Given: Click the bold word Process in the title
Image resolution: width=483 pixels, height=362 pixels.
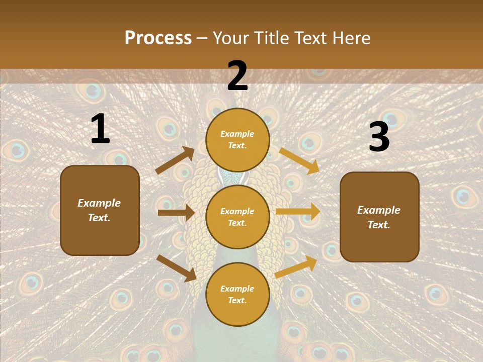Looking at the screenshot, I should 158,38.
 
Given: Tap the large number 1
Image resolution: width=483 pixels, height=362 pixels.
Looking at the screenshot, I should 100,129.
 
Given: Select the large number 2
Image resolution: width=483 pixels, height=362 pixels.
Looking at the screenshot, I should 237,76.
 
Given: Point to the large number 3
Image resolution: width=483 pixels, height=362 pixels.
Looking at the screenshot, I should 379,137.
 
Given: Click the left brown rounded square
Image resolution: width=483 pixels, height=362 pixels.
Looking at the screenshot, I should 100,210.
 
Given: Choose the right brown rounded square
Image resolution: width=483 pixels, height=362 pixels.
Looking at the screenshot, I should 379,217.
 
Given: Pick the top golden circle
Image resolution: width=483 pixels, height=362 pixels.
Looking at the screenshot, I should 237,140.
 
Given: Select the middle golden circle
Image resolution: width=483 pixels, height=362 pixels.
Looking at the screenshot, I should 237,217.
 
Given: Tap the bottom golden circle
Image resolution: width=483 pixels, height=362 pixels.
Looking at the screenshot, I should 237,294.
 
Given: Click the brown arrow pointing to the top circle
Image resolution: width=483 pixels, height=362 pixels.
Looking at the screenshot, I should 175,160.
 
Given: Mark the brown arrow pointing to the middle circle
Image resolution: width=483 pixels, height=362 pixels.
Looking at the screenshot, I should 176,213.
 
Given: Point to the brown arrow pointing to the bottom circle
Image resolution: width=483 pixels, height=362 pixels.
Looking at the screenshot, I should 177,268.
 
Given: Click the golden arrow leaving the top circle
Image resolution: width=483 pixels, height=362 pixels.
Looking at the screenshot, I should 299,160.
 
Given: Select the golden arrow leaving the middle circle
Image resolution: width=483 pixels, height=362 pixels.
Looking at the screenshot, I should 298,212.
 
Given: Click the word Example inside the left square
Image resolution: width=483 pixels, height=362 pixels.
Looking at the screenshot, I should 99,203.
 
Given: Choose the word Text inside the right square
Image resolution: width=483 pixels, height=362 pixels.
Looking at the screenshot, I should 378,225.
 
